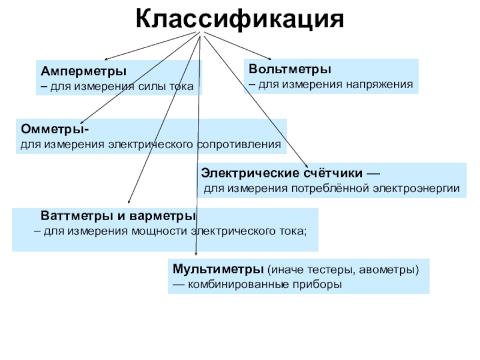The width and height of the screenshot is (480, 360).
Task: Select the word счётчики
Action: [332, 173]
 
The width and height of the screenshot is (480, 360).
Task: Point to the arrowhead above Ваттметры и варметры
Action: [129, 204]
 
